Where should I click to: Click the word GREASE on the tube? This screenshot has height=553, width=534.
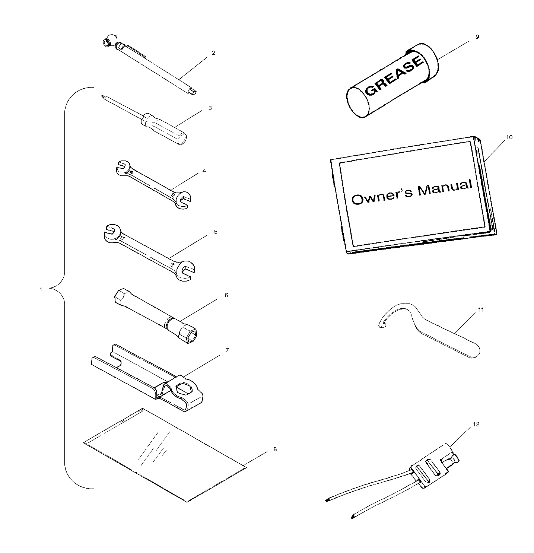394,76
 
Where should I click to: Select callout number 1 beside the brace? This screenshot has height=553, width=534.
41,289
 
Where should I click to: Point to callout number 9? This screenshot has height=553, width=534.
477,37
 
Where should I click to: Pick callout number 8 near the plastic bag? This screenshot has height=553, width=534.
275,449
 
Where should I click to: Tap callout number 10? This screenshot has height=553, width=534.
509,137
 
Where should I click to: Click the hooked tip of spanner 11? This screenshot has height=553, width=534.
381,326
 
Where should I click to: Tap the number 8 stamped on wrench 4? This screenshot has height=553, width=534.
131,172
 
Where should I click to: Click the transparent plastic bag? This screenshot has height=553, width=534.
165,455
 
